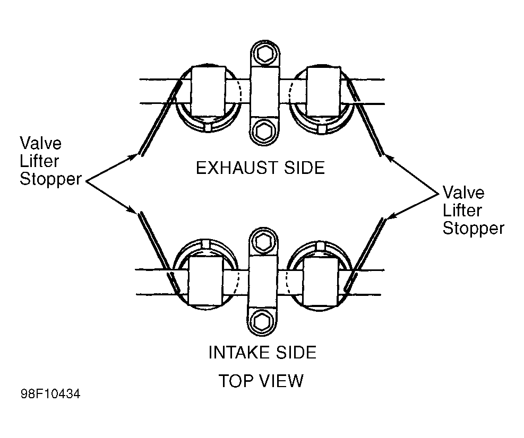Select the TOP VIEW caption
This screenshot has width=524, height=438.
pos(261,381)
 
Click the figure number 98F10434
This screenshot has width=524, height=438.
pos(50,394)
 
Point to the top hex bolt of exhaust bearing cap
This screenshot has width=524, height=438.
pos(265,54)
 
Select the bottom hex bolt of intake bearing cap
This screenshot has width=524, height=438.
pos(262,322)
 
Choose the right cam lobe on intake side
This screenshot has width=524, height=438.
pos(319,282)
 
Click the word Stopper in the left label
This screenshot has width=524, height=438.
pos(50,179)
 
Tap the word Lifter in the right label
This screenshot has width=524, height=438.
pos(462,211)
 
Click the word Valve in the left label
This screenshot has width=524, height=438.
pos(41,144)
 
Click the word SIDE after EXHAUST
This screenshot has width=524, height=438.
pos(304,168)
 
